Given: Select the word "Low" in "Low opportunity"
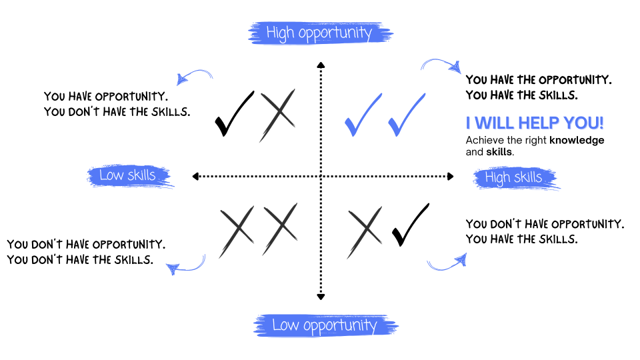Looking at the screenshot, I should pyautogui.click(x=285, y=325).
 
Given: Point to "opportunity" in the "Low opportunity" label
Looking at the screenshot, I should pyautogui.click(x=339, y=326).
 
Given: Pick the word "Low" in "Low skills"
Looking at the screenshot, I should pyautogui.click(x=111, y=175).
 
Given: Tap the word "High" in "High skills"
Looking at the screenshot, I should pyautogui.click(x=497, y=177).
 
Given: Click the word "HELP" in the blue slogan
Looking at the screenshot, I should pyautogui.click(x=539, y=123).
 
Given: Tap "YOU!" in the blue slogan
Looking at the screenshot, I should pyautogui.click(x=583, y=123).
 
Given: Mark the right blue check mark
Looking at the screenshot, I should pyautogui.click(x=406, y=115).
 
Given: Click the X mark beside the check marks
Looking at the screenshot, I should pyautogui.click(x=277, y=115).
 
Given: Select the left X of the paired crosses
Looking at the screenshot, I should pyautogui.click(x=237, y=231).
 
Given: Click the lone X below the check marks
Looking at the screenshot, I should pyautogui.click(x=365, y=231).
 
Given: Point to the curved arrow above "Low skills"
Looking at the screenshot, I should pyautogui.click(x=194, y=76).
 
